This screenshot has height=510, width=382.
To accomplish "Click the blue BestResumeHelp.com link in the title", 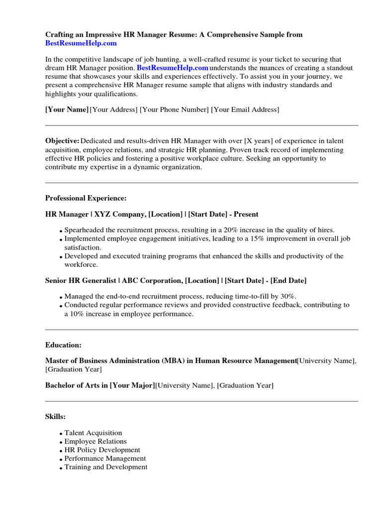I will (81, 43).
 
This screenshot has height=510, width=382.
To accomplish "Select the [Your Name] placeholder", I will (67, 110).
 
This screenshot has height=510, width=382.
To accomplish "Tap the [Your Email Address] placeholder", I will (245, 110).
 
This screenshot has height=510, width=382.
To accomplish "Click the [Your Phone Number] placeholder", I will (174, 110).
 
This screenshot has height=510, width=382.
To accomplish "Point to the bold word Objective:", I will (62, 141).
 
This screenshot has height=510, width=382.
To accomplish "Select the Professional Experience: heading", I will (86, 198).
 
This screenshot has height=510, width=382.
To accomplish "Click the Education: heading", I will (64, 345).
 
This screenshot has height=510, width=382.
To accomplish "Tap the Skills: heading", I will (56, 416).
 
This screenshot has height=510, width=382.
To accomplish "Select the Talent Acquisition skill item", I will (93, 433).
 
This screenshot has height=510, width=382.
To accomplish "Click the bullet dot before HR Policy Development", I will (61, 451).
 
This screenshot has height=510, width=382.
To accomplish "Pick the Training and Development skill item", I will (106, 467).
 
